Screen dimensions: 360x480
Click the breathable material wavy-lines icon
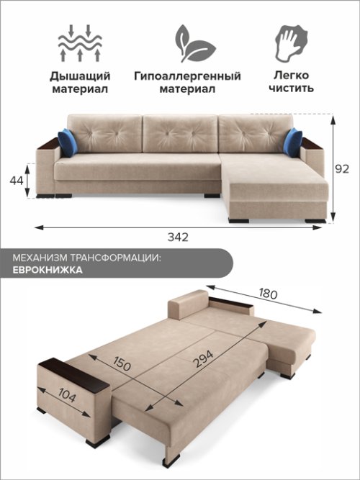tap(80, 44)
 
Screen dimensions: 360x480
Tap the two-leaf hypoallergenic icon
tap(195, 43)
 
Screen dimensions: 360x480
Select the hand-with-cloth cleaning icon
tap(291, 43)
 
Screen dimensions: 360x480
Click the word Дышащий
tap(80, 76)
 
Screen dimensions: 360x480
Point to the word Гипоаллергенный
tap(187, 76)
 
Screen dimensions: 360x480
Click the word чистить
tap(291, 89)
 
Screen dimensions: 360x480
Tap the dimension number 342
tap(178, 237)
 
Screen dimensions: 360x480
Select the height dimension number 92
tap(341, 168)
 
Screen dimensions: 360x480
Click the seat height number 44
tap(17, 181)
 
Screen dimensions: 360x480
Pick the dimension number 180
tap(268, 294)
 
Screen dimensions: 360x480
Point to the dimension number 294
tap(203, 359)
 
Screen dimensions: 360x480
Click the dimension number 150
tap(122, 363)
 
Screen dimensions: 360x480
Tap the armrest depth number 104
tap(67, 395)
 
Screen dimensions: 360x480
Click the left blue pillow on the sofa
tap(68, 142)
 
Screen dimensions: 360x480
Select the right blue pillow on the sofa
tap(292, 142)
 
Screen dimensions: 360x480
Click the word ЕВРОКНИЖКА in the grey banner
tap(48, 270)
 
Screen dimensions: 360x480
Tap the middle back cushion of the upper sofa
tap(180, 133)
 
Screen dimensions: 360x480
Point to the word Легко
tap(292, 76)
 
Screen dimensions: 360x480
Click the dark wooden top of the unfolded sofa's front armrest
tap(73, 375)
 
